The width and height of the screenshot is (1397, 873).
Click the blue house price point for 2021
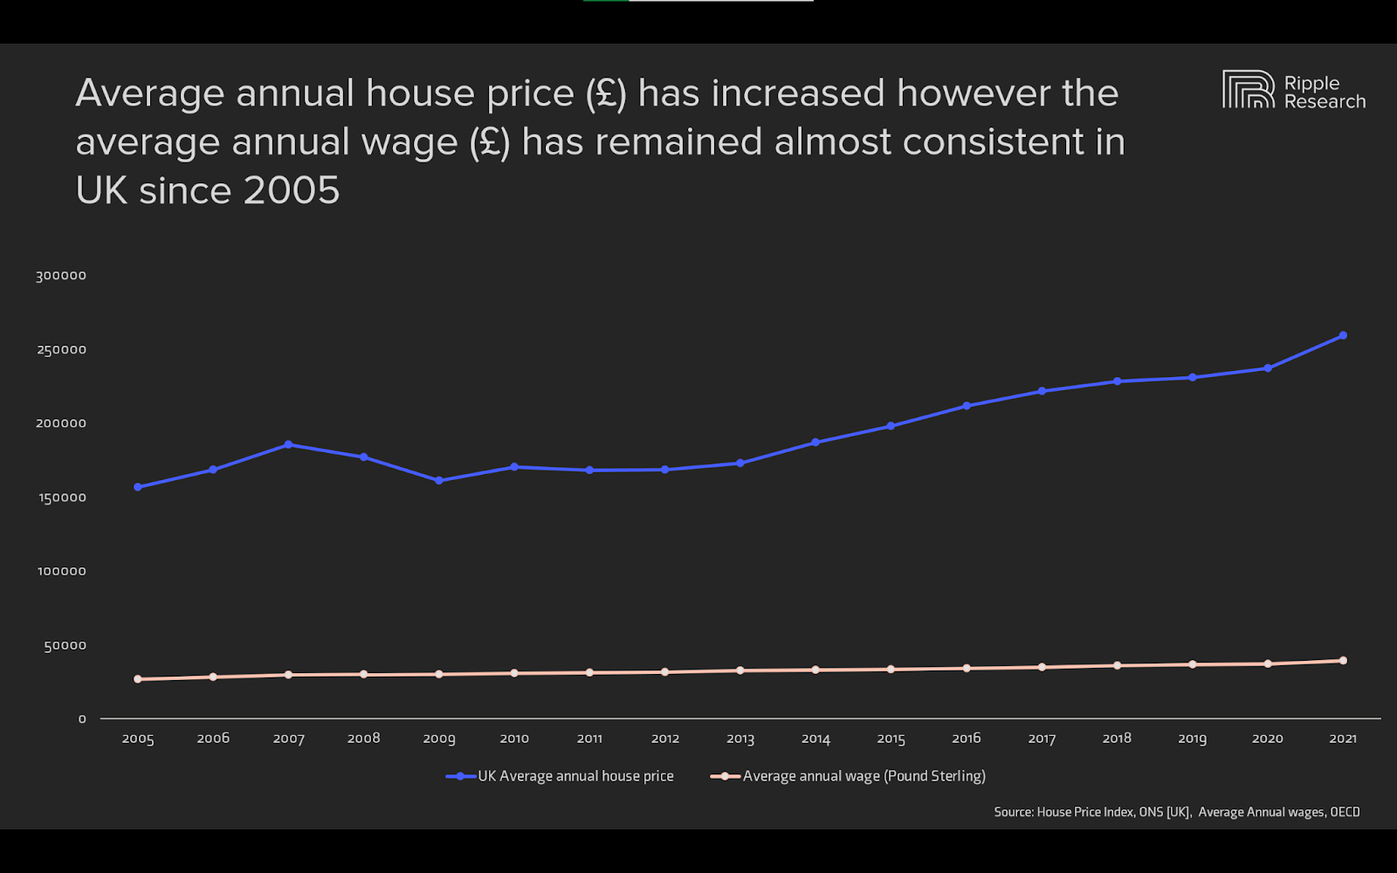tap(1343, 335)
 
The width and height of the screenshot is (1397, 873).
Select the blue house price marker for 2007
tap(288, 444)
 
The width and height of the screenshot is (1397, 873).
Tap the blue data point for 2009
tap(439, 480)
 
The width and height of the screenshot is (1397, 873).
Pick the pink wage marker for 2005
tap(138, 678)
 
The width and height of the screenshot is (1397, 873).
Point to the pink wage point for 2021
tap(1343, 660)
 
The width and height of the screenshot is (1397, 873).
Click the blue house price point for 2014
tap(815, 442)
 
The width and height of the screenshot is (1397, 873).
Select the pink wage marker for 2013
tap(740, 670)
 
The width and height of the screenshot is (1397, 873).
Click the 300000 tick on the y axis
tap(61, 276)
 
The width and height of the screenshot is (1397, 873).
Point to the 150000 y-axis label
tap(61, 498)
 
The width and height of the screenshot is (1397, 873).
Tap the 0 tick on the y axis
tap(82, 719)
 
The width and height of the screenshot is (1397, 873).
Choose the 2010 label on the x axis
tap(514, 739)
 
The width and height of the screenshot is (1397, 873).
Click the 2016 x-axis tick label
tap(967, 739)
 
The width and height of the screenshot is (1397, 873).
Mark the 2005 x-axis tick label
tap(138, 739)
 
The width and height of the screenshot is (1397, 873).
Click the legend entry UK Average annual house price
tap(575, 776)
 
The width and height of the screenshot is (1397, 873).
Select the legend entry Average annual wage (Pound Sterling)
tap(864, 776)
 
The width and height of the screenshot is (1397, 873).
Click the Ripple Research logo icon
tap(1248, 89)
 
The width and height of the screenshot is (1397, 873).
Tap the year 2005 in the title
tap(292, 190)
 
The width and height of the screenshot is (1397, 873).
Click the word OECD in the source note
tap(1345, 812)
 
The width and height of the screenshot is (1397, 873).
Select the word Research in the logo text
tap(1325, 102)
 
